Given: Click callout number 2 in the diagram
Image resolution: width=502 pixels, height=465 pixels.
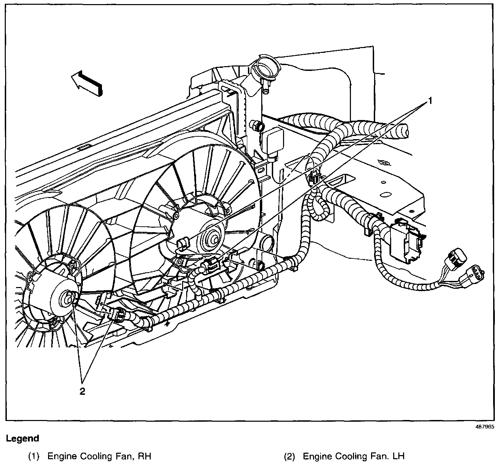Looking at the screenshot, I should click(x=82, y=391).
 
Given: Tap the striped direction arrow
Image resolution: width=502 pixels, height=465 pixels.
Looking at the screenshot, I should click(x=87, y=83).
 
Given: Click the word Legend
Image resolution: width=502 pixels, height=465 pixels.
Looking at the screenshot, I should click(x=23, y=438).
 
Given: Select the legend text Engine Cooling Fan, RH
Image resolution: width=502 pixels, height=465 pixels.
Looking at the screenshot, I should click(x=99, y=456).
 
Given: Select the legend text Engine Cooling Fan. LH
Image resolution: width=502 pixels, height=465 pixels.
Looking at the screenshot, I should click(x=354, y=456).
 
